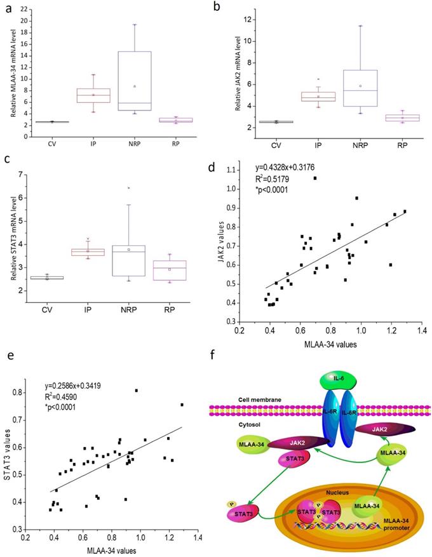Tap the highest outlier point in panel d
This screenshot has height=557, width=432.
click(x=315, y=178)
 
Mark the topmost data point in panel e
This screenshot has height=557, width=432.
click(x=136, y=391)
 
